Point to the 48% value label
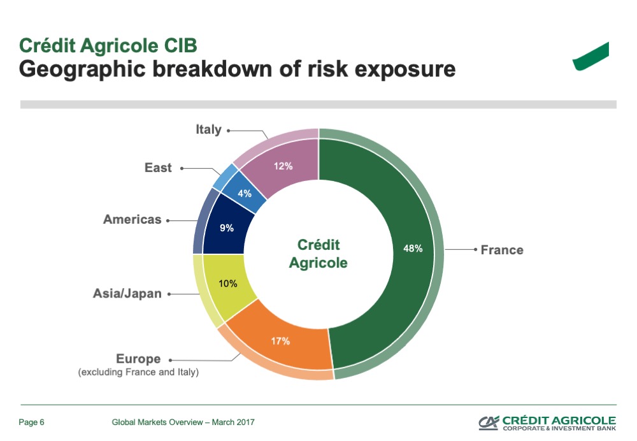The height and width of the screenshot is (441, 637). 413,249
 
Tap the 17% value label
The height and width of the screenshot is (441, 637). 281,341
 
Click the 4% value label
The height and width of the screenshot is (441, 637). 245,194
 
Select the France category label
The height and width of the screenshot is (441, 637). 502,250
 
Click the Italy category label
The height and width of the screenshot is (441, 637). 208,129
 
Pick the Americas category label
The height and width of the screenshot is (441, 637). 132,219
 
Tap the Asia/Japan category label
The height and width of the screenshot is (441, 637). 127,293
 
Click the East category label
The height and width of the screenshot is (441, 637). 158,168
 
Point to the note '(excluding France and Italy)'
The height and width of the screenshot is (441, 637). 138,372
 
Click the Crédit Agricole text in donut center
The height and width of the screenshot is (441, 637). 318,254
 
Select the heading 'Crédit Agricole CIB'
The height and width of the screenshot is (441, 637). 108,45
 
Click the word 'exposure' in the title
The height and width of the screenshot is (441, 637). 405,69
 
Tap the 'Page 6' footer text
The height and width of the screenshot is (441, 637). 31,423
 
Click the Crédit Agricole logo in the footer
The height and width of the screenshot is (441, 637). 547,423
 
